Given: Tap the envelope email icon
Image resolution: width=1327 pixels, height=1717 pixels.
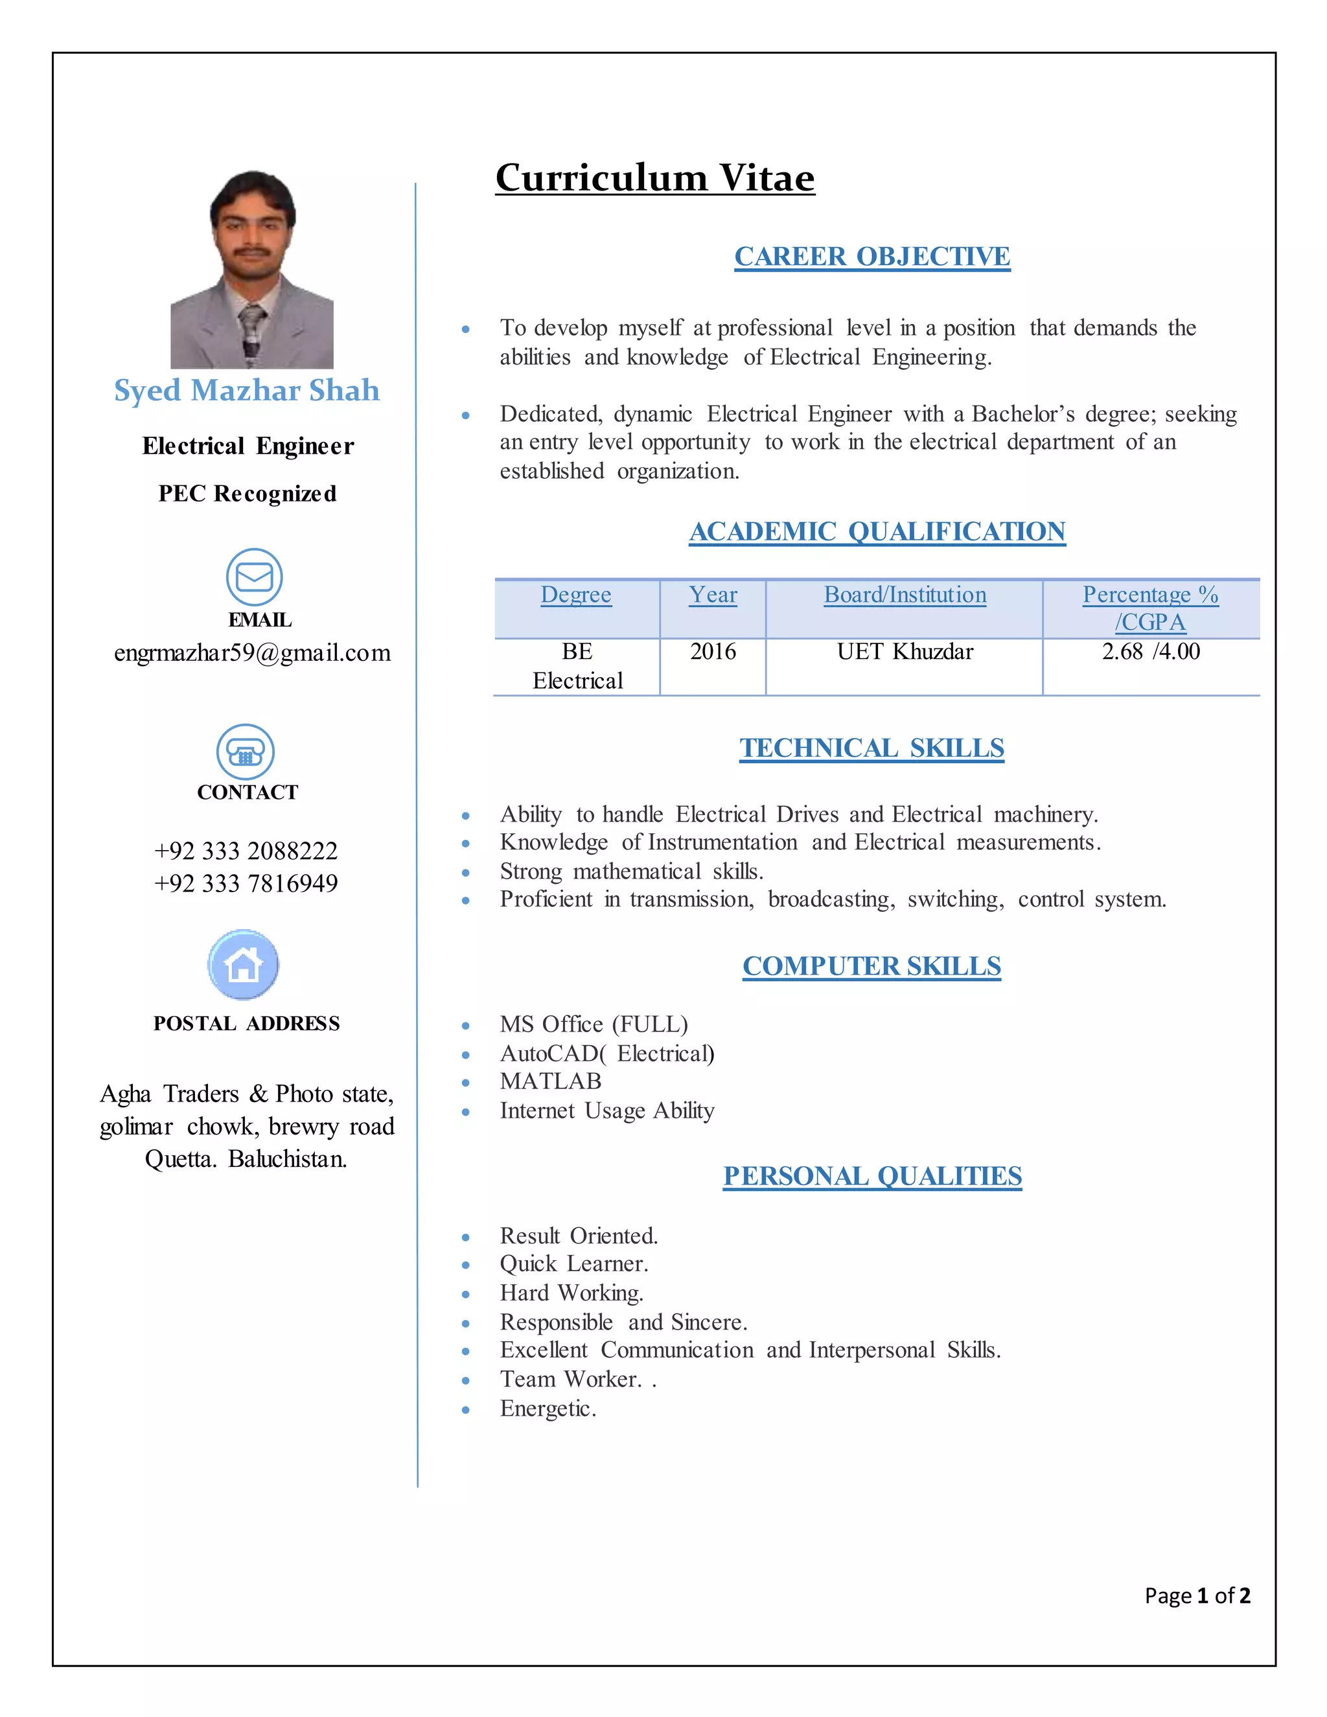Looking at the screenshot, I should click(254, 576).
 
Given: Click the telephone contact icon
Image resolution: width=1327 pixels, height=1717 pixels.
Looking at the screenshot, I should click(246, 752).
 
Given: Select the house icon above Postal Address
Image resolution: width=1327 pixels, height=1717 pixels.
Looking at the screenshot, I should click(244, 965).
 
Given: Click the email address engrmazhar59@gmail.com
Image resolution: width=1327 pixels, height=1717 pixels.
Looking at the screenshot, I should click(252, 652).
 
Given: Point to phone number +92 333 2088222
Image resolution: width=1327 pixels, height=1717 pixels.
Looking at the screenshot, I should click(246, 851).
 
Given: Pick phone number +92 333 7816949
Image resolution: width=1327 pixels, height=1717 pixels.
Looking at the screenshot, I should click(246, 884).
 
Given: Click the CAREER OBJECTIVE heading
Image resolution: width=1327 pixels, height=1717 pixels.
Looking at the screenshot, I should click(872, 257).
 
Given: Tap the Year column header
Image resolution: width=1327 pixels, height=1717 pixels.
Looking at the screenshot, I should click(713, 595).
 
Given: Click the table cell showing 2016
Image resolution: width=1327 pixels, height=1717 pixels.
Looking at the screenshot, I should click(713, 652).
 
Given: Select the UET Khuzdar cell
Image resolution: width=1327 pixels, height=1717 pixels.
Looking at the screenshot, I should click(905, 652).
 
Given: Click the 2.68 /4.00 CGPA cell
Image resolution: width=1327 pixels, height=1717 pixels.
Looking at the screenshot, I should click(1151, 652).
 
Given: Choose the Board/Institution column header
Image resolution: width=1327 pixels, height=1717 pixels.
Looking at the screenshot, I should click(905, 595).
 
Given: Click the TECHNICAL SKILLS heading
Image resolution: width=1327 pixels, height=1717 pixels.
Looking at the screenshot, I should click(872, 748).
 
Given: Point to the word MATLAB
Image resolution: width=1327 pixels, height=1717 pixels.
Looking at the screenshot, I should click(550, 1082).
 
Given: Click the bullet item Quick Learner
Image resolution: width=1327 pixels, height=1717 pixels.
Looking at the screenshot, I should click(574, 1264).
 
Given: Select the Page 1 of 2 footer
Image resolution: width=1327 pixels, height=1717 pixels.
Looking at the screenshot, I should click(1197, 1595).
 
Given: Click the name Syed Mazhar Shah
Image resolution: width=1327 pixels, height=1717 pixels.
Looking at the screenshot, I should click(247, 391).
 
